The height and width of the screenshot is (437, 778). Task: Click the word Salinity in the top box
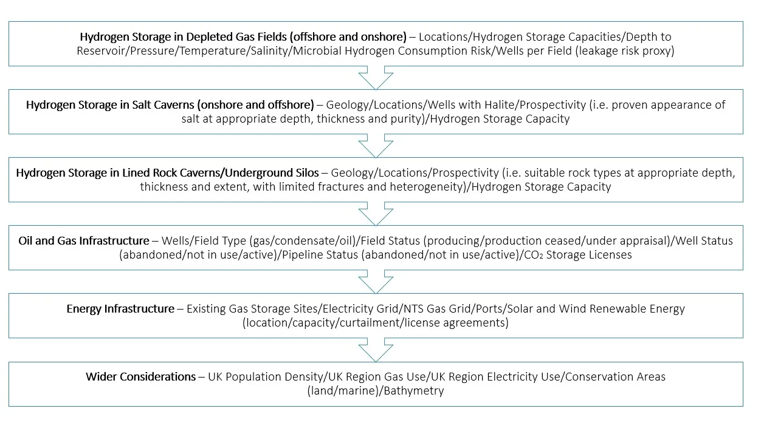coord(270,51)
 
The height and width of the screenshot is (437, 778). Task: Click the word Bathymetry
coord(418,391)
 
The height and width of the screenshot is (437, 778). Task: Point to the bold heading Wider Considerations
coord(140,377)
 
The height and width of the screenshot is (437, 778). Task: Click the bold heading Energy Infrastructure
coord(120,309)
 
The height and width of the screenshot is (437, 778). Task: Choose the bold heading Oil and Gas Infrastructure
coord(84,241)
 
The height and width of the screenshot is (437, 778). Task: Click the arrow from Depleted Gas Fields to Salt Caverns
coord(376,78)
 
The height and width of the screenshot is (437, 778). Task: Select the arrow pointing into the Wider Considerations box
coord(376,350)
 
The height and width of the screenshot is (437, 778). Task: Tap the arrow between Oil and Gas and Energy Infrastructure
coord(376,282)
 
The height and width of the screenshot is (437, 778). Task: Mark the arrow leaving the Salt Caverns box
coord(376,146)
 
